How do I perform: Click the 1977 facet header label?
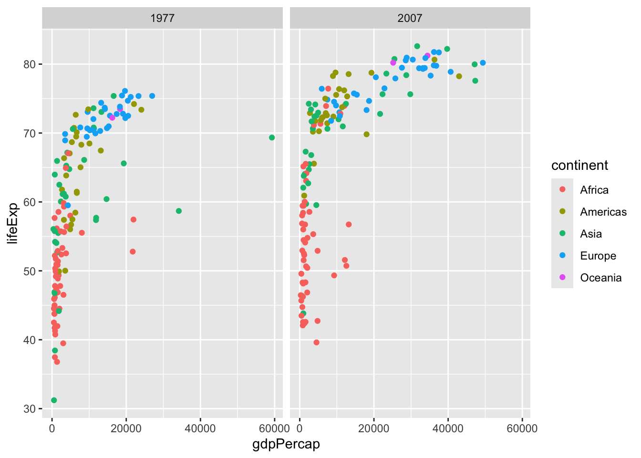tap(162, 18)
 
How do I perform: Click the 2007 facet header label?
tap(410, 18)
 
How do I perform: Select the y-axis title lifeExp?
tap(13, 223)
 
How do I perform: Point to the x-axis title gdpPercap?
tap(286, 444)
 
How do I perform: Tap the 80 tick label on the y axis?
tap(31, 64)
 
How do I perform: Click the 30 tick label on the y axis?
tap(31, 409)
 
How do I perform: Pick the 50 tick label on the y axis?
tap(31, 271)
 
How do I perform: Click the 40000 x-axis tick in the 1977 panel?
tap(200, 428)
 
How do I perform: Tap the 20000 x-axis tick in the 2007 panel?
tap(373, 428)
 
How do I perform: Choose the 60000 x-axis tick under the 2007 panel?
tap(522, 428)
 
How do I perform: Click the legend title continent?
tap(579, 166)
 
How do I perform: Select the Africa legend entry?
tap(594, 190)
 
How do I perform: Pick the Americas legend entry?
tap(603, 212)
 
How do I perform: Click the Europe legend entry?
tap(598, 256)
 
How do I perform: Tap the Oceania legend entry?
tap(600, 278)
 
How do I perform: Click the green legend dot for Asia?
tap(562, 234)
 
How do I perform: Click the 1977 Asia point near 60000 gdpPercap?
tap(272, 137)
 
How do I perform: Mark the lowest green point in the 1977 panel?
tap(54, 400)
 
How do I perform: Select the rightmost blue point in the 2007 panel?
tap(483, 63)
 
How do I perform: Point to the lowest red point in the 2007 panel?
tap(317, 343)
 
